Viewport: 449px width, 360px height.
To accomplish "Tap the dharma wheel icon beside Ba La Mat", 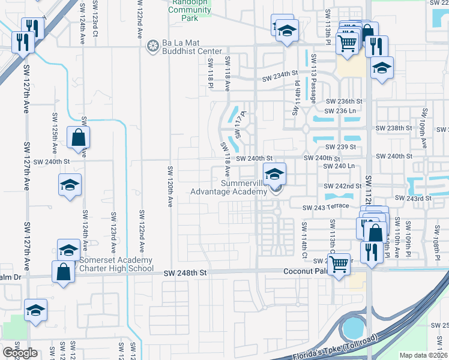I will coord(152,44).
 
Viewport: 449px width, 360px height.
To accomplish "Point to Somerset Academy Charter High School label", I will coord(115,265).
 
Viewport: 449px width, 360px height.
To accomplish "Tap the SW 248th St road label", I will coord(185,272).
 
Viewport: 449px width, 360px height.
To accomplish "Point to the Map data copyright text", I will coord(424,355).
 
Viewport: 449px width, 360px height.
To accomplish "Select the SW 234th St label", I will coord(280,74).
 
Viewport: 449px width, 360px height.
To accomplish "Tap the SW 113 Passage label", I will coord(315,84).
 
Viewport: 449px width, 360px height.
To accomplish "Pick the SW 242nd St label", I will coord(343,187).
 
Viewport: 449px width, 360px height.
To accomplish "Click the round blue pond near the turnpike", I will coord(353,328).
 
